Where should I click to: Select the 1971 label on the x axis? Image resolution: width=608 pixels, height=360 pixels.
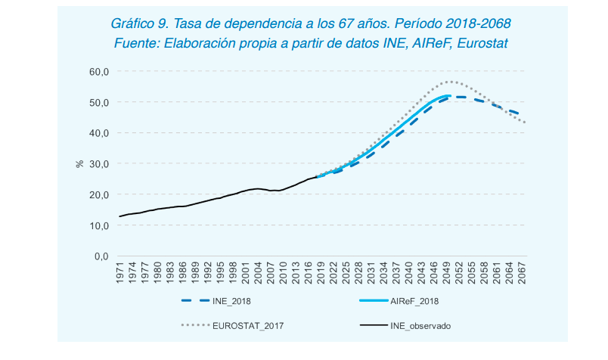(120, 274)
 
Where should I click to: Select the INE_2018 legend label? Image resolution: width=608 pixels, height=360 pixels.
(231, 301)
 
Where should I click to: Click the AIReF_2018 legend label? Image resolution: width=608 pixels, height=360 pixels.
(414, 301)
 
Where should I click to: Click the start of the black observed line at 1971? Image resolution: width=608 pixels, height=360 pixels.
(120, 216)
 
